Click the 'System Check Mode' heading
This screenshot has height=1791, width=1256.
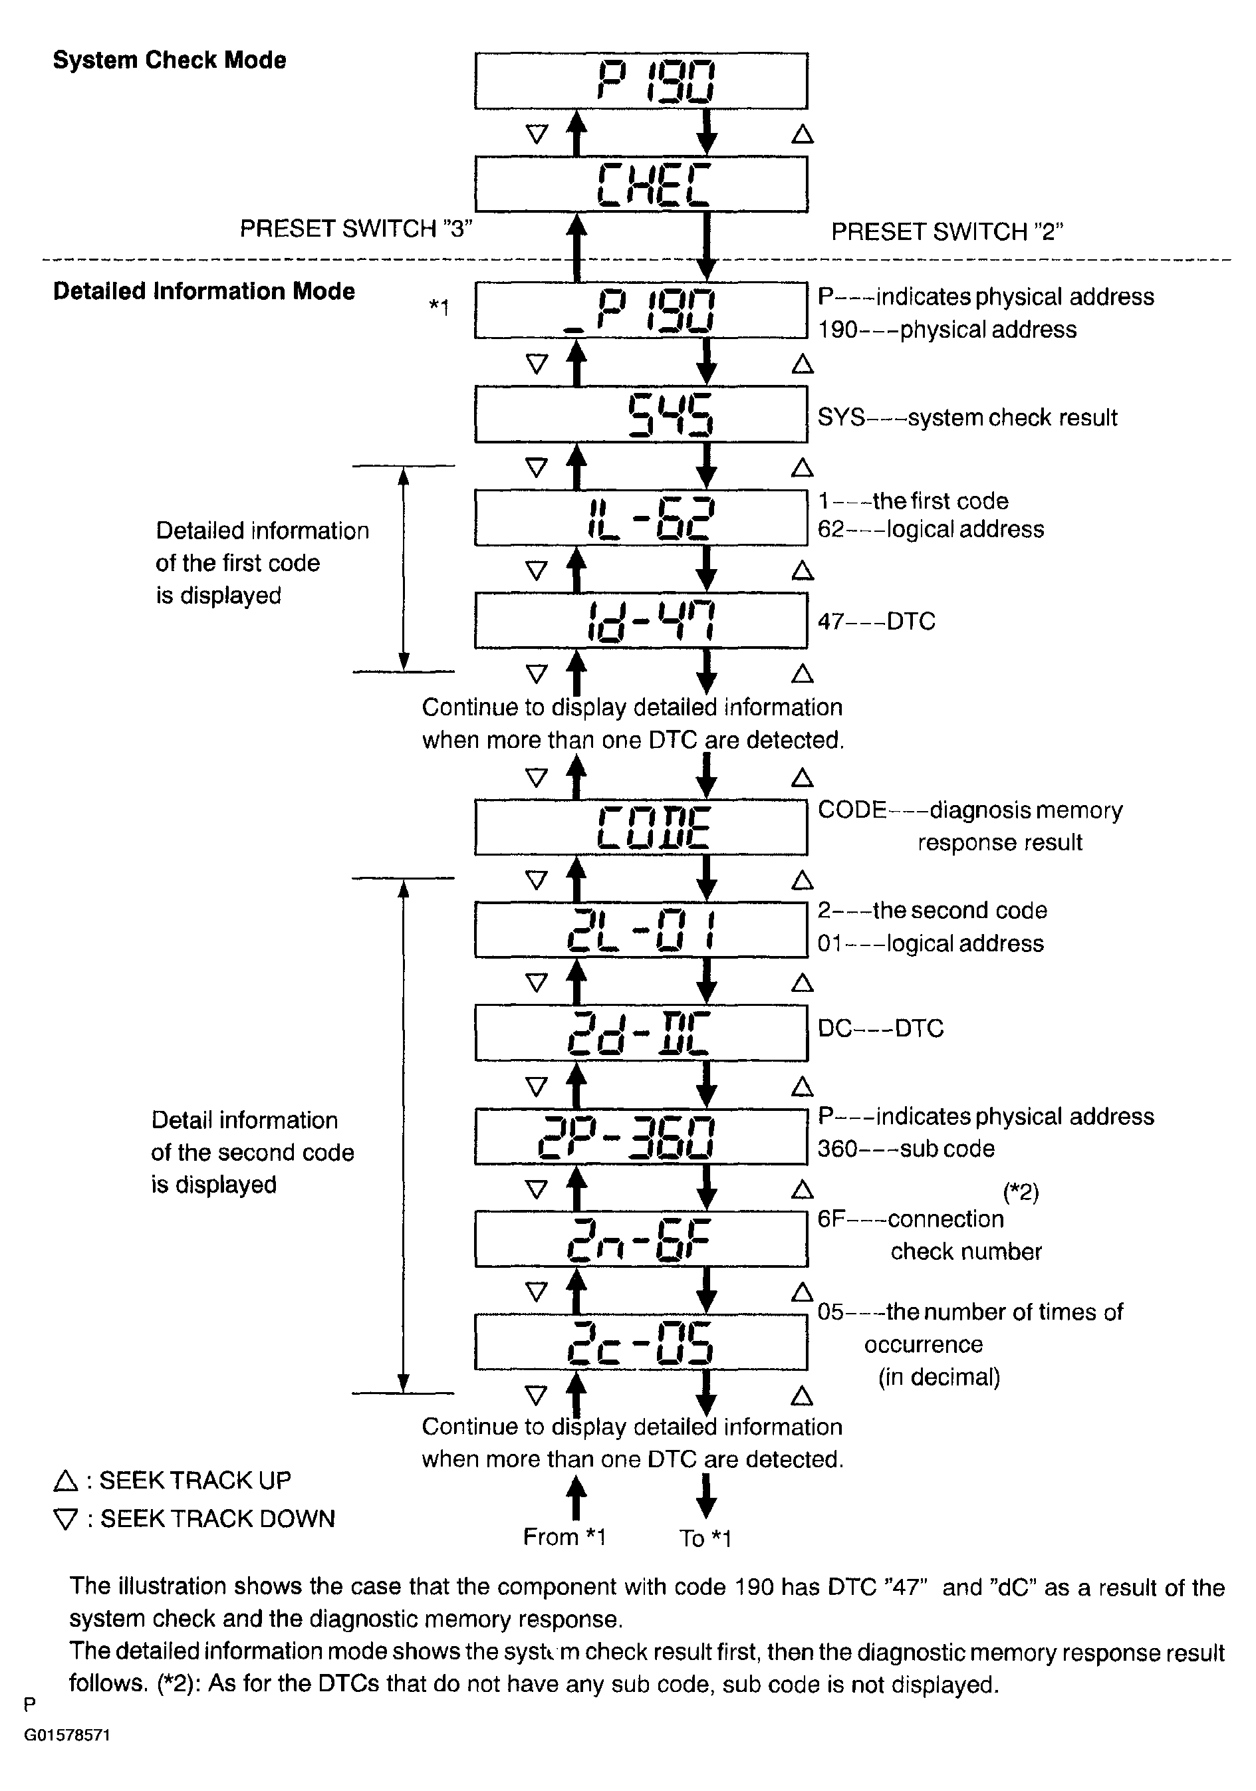[170, 60]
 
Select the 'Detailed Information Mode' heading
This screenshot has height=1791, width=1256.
[203, 291]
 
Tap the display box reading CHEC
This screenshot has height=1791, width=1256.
[640, 184]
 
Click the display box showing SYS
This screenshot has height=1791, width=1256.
[640, 414]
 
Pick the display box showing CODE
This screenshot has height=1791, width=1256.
[640, 827]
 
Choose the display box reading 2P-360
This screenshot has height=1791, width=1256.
[640, 1135]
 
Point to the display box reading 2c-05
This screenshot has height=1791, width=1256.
[640, 1342]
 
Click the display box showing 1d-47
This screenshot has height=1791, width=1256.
[640, 621]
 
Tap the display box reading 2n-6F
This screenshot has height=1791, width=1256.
[640, 1239]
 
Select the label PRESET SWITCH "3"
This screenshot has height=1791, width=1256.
[356, 229]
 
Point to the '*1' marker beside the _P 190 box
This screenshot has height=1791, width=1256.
[440, 307]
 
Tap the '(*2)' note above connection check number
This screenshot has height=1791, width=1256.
[1021, 1191]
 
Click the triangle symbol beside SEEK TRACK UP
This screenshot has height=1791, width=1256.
[67, 1480]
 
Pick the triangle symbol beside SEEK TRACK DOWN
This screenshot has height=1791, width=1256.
[67, 1519]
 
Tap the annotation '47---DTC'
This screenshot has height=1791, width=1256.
[876, 621]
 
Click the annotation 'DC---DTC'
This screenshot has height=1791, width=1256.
[880, 1028]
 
